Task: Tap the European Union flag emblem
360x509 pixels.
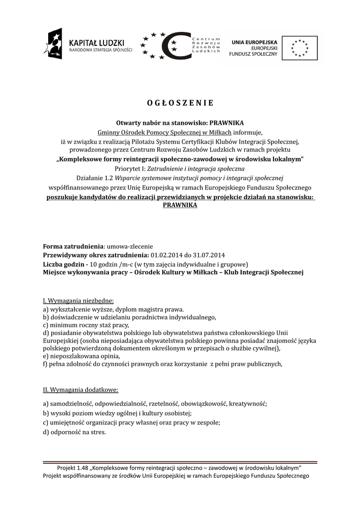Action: point(300,48)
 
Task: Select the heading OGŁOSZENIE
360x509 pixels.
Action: point(180,103)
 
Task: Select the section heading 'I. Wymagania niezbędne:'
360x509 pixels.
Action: point(79,301)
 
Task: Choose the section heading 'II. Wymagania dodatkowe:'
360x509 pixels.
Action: point(81,389)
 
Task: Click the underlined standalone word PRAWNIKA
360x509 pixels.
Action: point(180,205)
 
